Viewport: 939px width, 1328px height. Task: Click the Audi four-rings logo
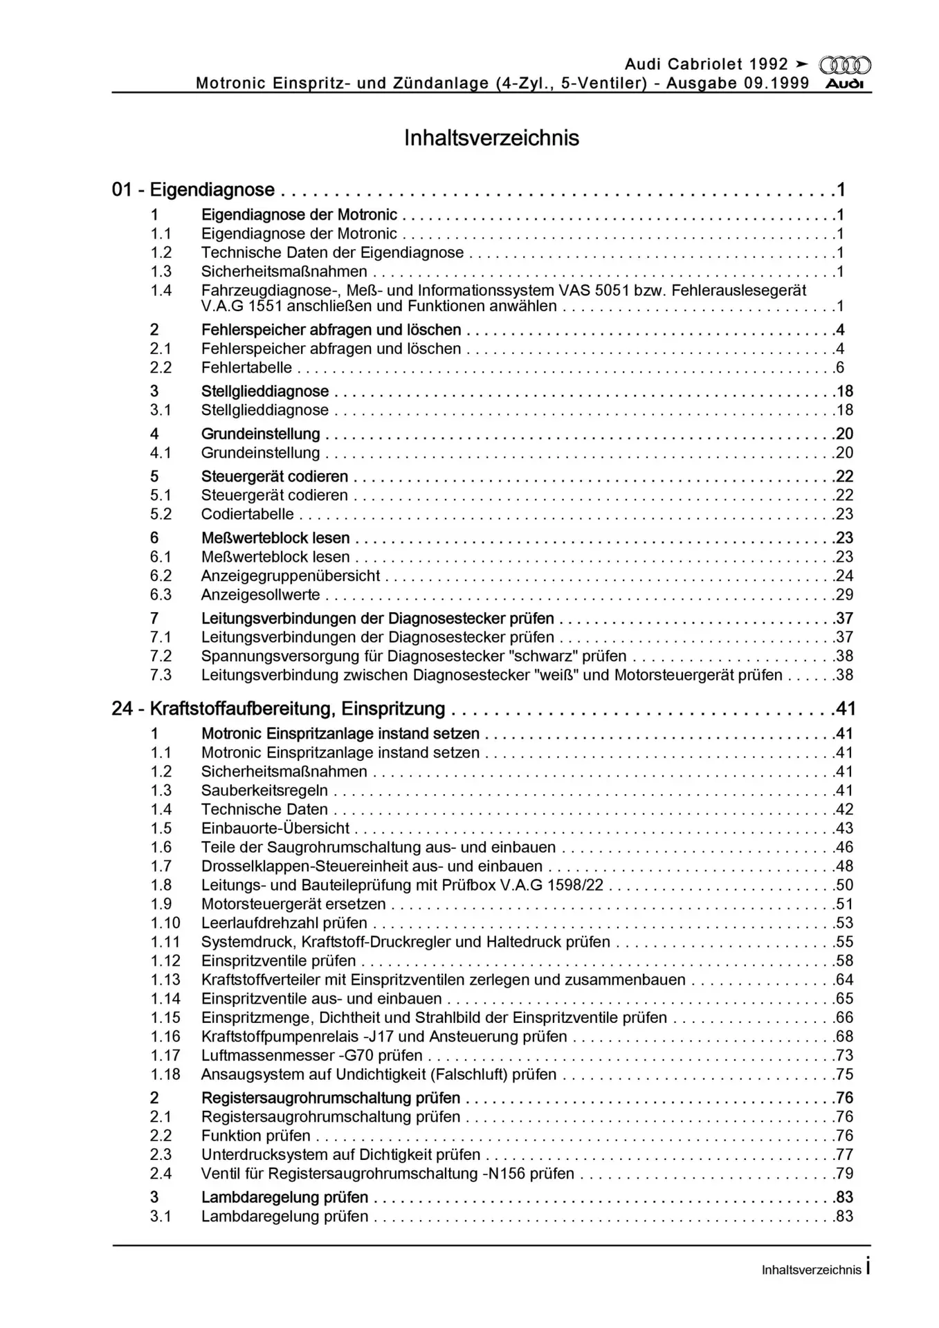844,66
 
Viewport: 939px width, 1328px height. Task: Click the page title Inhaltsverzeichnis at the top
491,138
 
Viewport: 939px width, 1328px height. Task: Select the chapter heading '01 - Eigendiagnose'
193,190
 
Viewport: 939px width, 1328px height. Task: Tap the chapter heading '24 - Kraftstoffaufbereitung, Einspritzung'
278,708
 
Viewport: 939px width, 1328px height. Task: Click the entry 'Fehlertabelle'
246,368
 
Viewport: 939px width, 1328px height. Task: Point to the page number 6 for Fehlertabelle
840,368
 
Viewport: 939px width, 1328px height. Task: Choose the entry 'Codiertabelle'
247,515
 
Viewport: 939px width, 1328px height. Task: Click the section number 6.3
161,595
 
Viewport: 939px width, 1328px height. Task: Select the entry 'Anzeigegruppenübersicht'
291,576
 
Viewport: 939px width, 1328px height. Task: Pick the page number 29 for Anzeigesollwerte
844,595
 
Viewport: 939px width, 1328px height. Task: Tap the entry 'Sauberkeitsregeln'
264,791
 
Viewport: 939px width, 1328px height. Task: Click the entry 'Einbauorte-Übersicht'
275,829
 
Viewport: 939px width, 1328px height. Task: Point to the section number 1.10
165,923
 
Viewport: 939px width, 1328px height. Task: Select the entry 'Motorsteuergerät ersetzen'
293,904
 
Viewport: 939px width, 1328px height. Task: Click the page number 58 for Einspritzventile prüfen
844,961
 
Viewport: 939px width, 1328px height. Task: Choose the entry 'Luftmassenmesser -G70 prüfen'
311,1055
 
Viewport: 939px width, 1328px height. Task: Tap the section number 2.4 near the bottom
161,1174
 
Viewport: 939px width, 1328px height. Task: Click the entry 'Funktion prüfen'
256,1136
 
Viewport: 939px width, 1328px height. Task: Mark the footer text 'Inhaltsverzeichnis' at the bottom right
811,1270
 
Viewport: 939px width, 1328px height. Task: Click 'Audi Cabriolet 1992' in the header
706,64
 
